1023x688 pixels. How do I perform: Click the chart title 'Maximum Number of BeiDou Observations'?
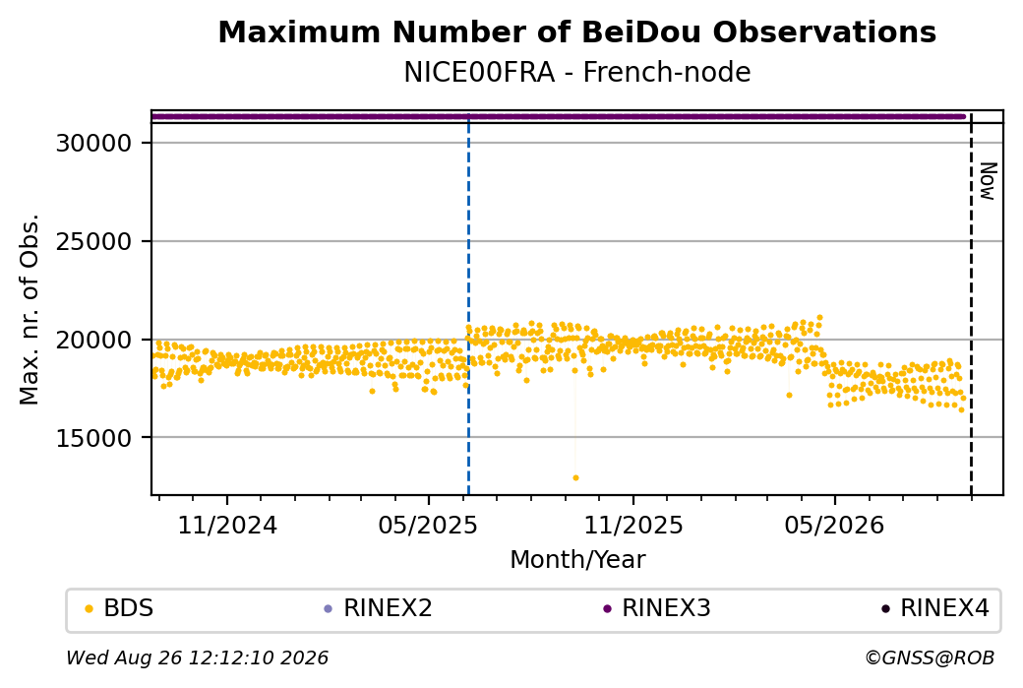(576, 31)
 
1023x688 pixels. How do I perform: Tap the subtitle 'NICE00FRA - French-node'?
(576, 72)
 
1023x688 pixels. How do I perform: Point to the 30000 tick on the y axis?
(94, 143)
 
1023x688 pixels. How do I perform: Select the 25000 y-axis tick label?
(94, 241)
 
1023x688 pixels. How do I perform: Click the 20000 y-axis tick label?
(94, 341)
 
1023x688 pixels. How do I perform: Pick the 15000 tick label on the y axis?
(94, 438)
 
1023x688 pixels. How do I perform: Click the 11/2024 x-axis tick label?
(227, 525)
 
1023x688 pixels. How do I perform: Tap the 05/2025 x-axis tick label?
(428, 525)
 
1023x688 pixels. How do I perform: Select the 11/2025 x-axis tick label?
(632, 525)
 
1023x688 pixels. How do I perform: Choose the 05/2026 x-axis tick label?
(834, 525)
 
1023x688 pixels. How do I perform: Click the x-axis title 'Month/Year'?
(577, 559)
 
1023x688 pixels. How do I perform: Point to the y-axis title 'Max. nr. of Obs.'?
(30, 309)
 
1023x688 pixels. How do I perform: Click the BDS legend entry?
(119, 608)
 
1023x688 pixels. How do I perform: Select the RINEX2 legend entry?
(379, 608)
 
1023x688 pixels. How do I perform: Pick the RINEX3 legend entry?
(656, 608)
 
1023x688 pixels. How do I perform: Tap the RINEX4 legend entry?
(934, 608)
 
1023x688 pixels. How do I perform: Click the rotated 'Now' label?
(989, 181)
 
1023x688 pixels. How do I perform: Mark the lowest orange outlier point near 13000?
(575, 477)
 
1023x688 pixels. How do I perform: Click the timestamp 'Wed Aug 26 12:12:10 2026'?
(197, 657)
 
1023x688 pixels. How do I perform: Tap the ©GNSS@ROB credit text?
(931, 657)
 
